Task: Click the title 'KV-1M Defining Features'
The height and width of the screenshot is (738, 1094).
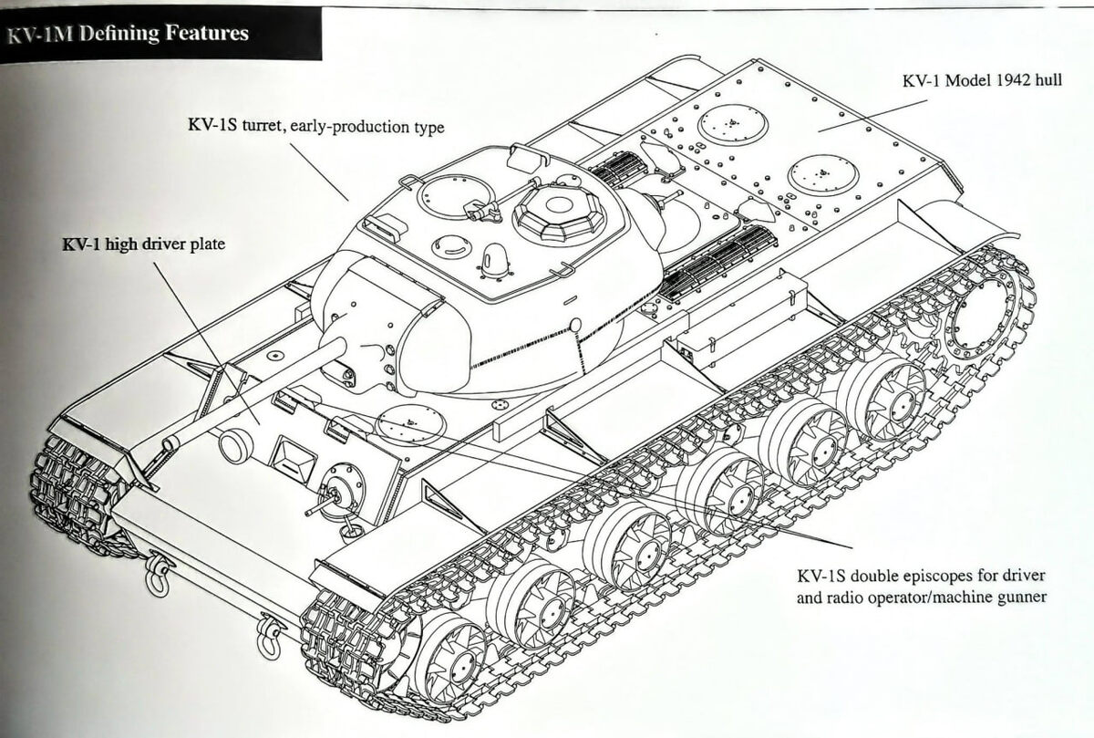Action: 127,34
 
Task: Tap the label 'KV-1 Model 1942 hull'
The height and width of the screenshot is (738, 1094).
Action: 980,80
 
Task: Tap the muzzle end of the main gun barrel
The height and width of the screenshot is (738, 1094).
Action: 169,442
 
